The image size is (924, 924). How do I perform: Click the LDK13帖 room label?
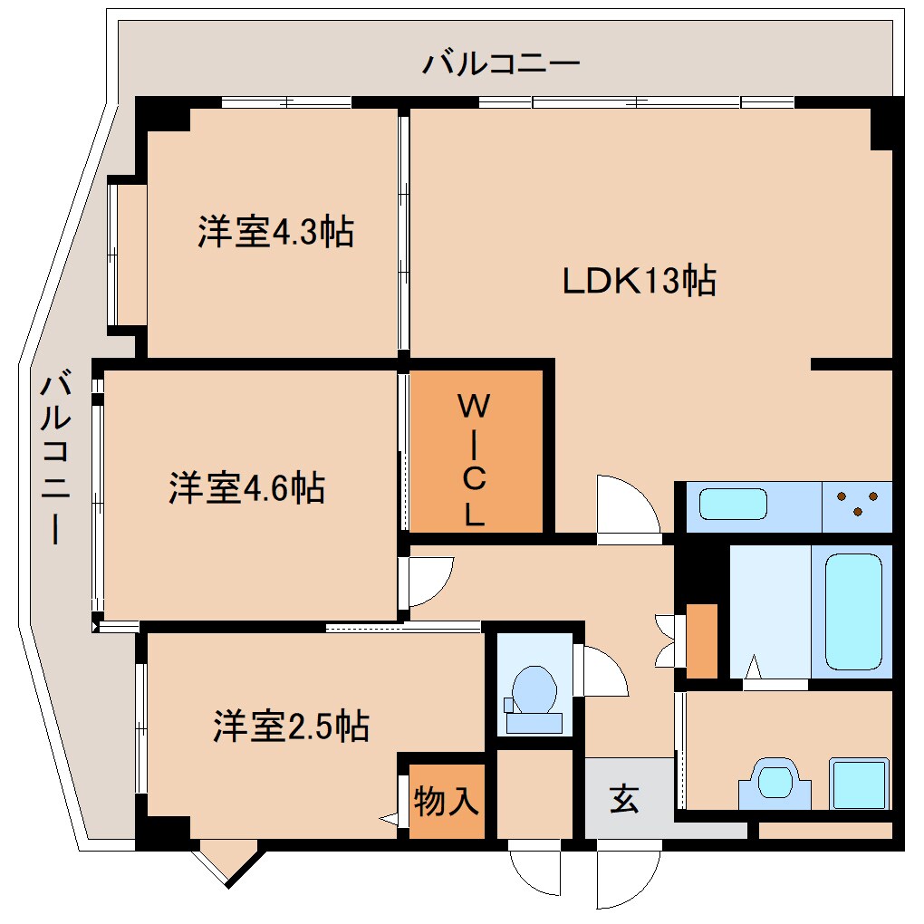coord(640,281)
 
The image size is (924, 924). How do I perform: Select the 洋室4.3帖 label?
coord(275,233)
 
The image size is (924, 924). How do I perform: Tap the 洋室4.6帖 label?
coord(246,488)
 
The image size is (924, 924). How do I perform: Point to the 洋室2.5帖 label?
coord(291,726)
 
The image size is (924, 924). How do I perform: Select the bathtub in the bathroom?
coord(852,611)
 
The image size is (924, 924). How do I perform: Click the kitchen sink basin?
coord(734,505)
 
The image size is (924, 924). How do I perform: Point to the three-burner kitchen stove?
coord(856,505)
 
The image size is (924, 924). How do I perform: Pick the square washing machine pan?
coord(859,784)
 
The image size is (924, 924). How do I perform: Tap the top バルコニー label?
coord(500,64)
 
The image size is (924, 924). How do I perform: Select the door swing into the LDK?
coord(627,507)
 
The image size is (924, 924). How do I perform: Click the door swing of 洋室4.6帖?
coord(428,581)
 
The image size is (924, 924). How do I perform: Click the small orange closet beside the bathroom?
coord(702,640)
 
